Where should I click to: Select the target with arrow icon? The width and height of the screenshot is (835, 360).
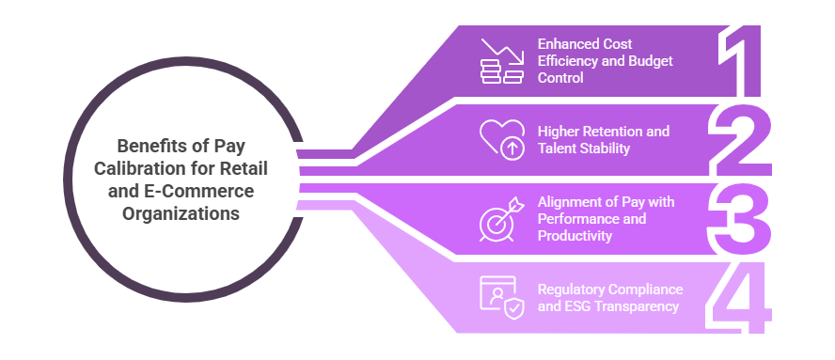coord(501,218)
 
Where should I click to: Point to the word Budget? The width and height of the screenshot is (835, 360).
coord(654,61)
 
